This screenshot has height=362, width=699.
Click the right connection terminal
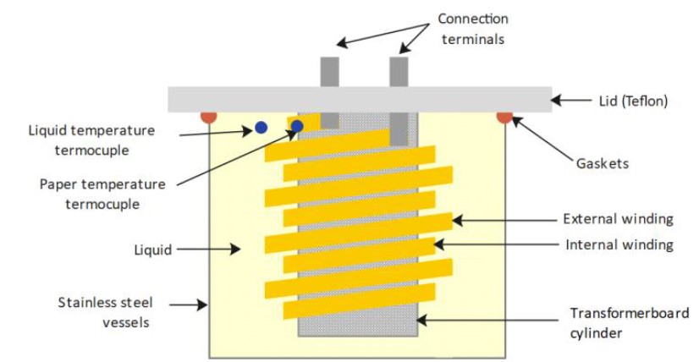[399, 71]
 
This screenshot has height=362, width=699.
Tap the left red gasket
[208, 116]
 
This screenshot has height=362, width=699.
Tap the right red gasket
[505, 117]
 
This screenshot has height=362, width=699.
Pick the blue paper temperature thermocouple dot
[297, 127]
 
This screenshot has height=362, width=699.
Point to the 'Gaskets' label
[602, 163]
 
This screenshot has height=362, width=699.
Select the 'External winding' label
[618, 219]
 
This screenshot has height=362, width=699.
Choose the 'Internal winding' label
[619, 244]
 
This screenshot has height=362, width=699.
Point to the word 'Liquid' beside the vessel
[152, 250]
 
